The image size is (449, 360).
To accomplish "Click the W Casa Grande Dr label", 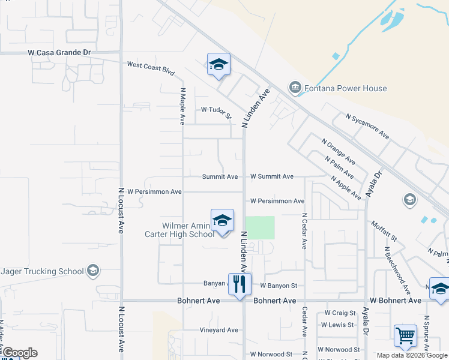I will coord(59,53).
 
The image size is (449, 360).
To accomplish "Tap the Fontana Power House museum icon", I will coord(295,88).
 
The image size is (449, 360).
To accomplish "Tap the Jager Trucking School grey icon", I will coord(92,271).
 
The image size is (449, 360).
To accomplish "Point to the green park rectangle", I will coord(260,227).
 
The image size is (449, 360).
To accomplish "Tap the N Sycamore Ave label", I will coord(367,127).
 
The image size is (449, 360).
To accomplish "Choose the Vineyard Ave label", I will coord(219,330).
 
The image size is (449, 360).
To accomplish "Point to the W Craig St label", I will coord(340,313).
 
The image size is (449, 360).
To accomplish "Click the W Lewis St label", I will coord(340,325).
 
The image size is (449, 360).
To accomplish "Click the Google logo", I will coord(19,353).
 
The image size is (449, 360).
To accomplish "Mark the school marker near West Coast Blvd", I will coord(218,64).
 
